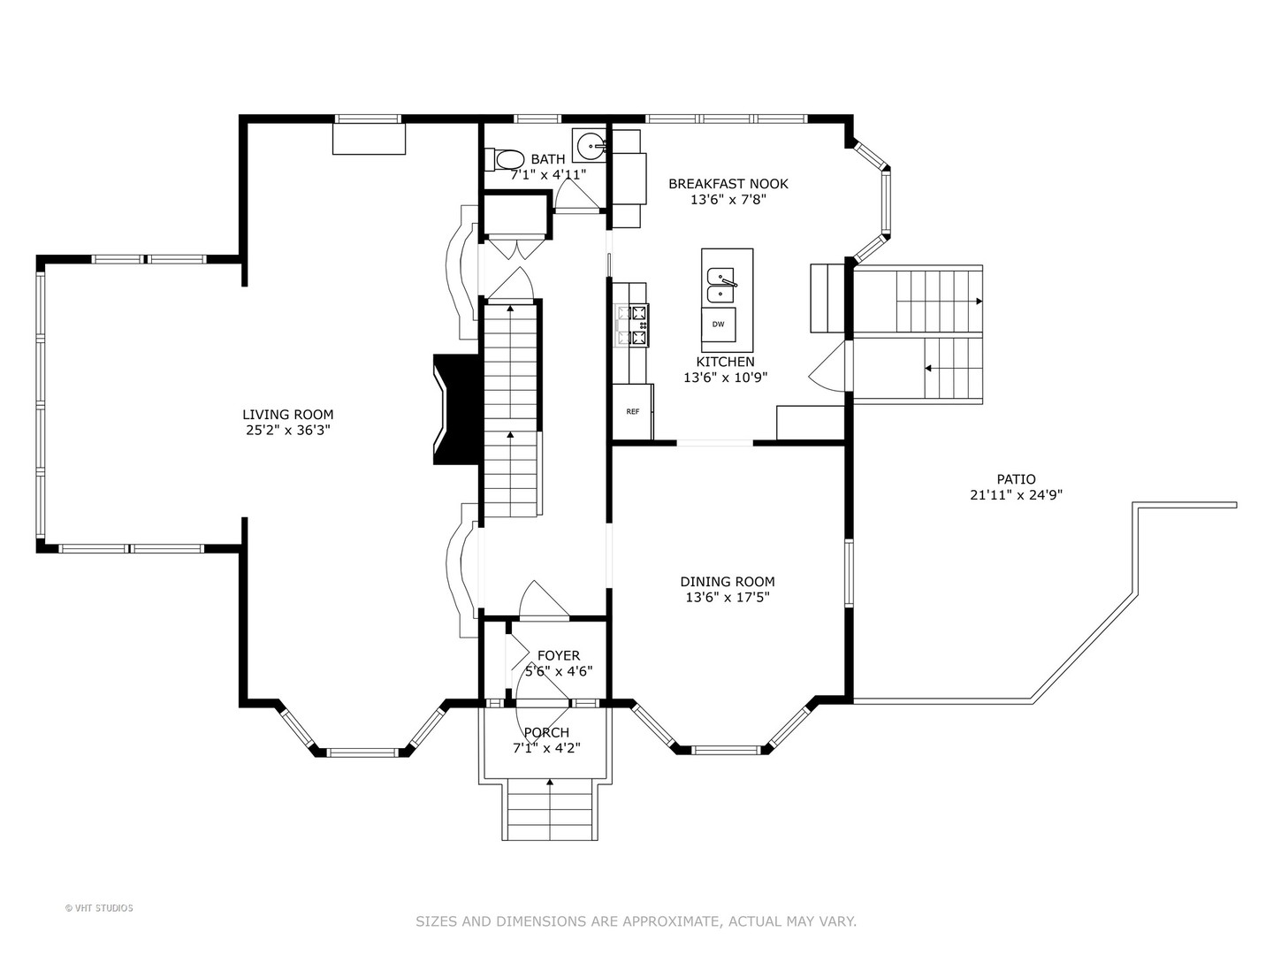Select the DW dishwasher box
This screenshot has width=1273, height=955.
[719, 325]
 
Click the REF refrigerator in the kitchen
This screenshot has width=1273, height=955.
[633, 411]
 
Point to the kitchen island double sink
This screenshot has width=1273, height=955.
[720, 286]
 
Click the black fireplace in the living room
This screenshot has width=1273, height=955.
[456, 409]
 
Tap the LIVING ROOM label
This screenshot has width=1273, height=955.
[287, 415]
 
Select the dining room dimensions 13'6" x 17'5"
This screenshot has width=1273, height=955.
[728, 597]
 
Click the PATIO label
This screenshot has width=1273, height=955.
[1016, 479]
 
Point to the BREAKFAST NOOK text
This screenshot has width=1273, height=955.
[728, 184]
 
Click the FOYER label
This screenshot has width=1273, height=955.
[559, 655]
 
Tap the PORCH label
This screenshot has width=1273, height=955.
[546, 732]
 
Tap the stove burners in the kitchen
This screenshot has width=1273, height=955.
[633, 325]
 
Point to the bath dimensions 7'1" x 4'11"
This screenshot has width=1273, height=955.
[548, 174]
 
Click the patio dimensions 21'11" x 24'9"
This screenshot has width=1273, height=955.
[1016, 494]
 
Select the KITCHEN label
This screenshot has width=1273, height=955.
[726, 362]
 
